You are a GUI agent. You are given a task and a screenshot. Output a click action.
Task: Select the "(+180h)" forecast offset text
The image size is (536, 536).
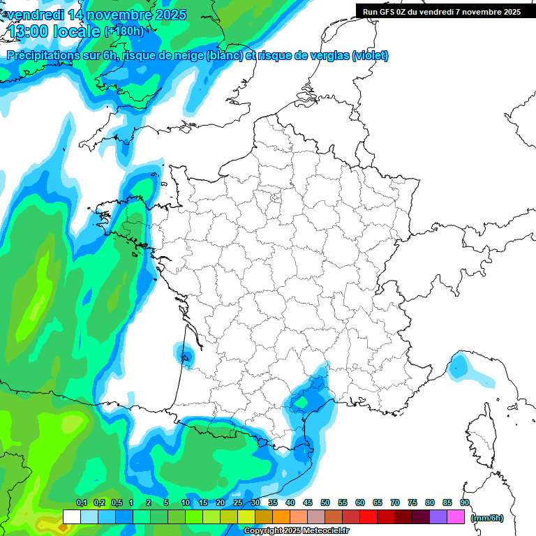click(124, 31)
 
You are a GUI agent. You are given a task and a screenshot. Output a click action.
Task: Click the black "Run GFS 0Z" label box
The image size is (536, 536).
click(440, 11)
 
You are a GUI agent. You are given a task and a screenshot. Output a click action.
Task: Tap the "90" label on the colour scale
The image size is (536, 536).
click(465, 502)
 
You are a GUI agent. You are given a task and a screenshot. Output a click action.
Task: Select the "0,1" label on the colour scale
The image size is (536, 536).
click(81, 502)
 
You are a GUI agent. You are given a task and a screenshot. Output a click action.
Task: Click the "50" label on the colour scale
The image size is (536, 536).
click(325, 502)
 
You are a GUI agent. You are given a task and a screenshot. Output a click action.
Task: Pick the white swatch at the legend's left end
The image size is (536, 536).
click(71, 516)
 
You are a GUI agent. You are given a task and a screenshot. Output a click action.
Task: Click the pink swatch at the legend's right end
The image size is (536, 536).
click(456, 516)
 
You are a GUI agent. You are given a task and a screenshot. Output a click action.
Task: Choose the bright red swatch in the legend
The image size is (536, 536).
click(368, 516)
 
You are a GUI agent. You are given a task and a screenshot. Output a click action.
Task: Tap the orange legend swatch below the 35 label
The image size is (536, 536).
click(281, 516)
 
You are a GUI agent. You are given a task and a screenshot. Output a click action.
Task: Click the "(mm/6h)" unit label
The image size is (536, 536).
click(487, 517)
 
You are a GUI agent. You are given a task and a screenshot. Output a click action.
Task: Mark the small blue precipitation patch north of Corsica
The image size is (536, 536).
click(460, 367)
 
